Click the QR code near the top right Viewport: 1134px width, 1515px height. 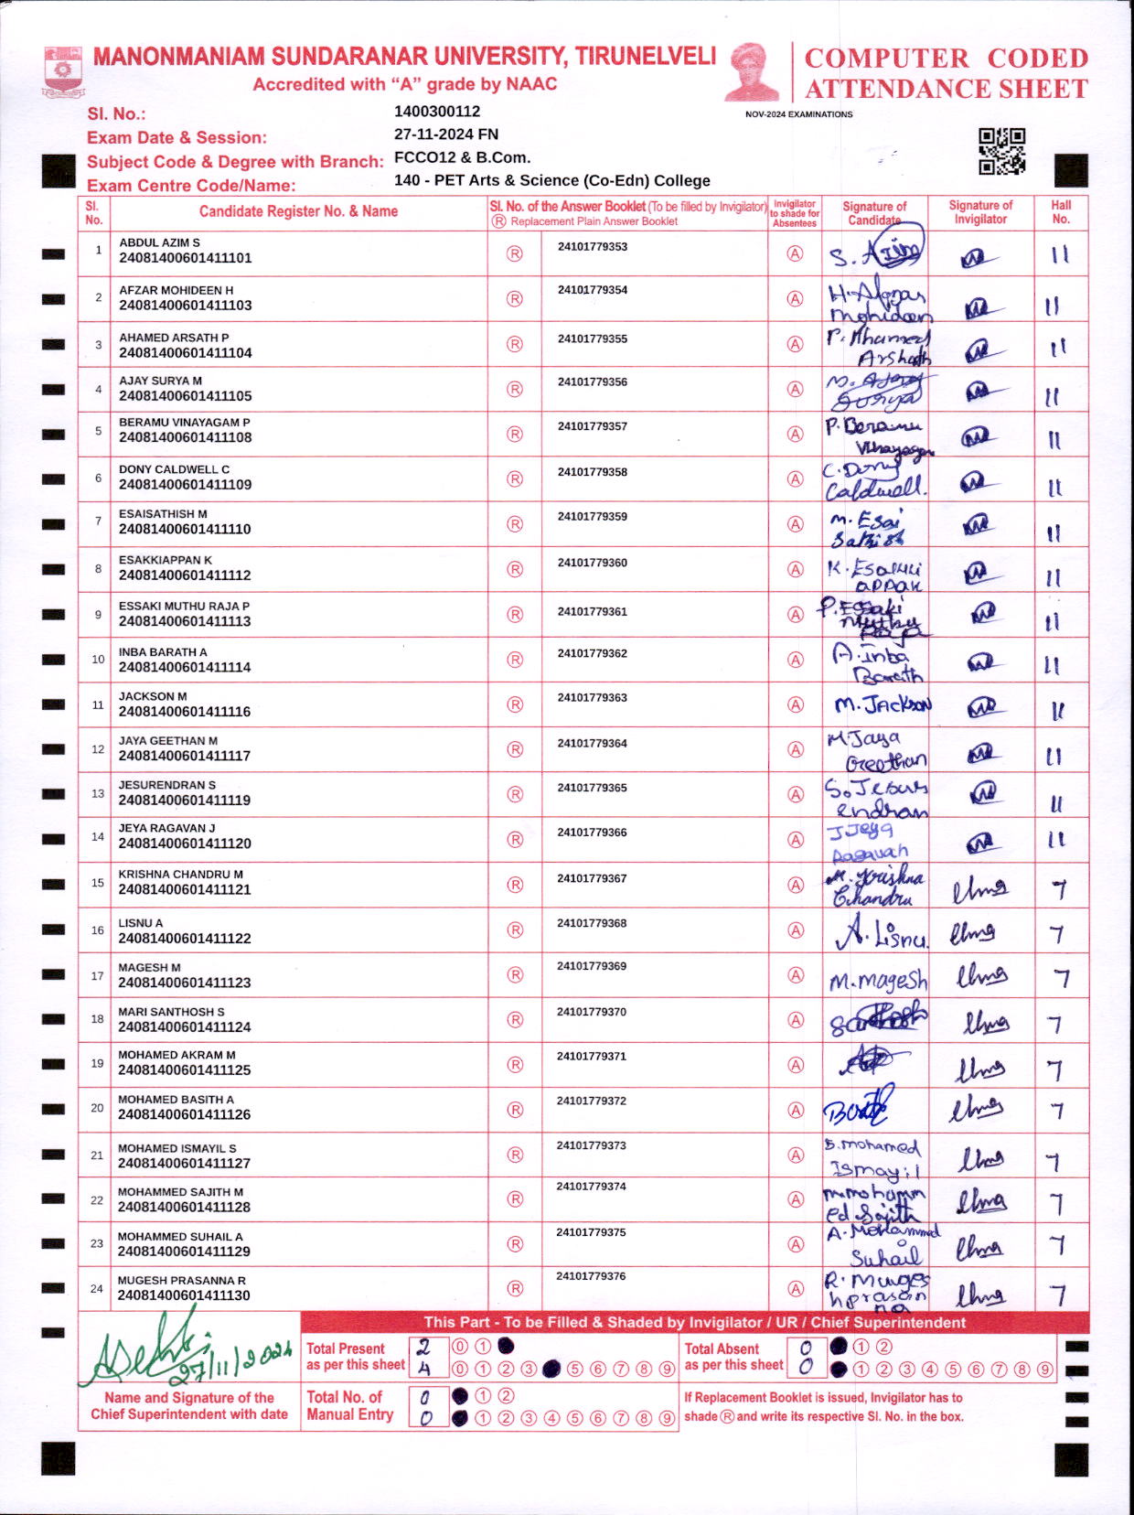click(x=1001, y=151)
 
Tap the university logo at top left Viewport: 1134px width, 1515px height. click(x=63, y=72)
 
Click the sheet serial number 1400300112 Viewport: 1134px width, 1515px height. click(x=436, y=112)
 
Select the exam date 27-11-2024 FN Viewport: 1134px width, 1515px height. click(x=445, y=134)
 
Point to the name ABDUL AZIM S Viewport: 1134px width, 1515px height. click(x=159, y=242)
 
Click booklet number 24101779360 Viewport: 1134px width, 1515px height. click(x=592, y=563)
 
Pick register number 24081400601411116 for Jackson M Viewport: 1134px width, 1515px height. click(x=184, y=711)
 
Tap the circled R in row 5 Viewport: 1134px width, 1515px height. click(x=515, y=434)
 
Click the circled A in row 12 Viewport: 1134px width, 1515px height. click(x=796, y=749)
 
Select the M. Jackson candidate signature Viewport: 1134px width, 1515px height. click(x=882, y=705)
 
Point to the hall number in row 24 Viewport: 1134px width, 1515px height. click(x=1058, y=1295)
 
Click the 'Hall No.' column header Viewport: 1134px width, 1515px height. click(x=1061, y=211)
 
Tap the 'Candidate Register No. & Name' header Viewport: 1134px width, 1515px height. click(x=298, y=211)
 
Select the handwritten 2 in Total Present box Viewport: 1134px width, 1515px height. click(x=423, y=1347)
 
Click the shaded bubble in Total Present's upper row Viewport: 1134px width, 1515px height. click(x=506, y=1346)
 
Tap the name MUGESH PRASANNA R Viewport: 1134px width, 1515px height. click(x=181, y=1280)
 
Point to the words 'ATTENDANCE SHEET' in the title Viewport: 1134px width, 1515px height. click(x=946, y=89)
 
